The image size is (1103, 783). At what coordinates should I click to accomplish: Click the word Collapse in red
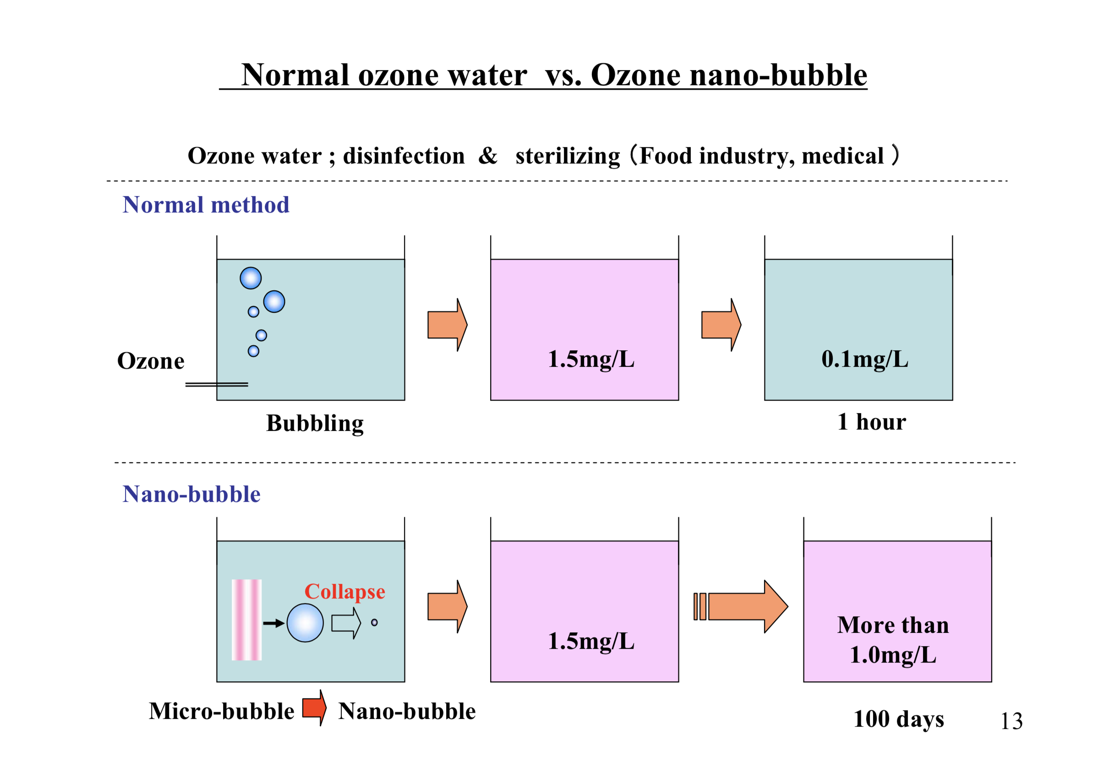tap(344, 592)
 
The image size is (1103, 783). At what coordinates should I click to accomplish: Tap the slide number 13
tap(1011, 721)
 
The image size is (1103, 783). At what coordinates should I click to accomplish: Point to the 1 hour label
tap(871, 422)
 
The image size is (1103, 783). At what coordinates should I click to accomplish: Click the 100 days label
tap(898, 719)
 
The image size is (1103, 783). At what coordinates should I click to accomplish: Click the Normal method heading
tap(206, 205)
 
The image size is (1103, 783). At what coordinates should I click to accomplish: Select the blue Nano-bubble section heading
tap(191, 494)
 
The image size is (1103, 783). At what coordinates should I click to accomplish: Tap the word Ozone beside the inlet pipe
tap(151, 361)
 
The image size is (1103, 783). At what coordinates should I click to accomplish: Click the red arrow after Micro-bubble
tap(314, 708)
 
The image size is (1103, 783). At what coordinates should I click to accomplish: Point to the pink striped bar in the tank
tap(246, 620)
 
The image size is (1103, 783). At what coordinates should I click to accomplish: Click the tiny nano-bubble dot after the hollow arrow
tap(374, 622)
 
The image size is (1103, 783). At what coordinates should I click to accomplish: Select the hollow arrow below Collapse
tap(346, 623)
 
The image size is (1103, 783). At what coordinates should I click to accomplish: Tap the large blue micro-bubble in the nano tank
tap(305, 623)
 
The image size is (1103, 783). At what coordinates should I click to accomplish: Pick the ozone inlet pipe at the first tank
tap(217, 385)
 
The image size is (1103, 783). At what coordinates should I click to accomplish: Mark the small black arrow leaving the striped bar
tap(273, 623)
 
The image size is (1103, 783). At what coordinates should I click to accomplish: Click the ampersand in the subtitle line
tap(487, 156)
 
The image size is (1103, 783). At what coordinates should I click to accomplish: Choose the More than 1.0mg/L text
tap(893, 640)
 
